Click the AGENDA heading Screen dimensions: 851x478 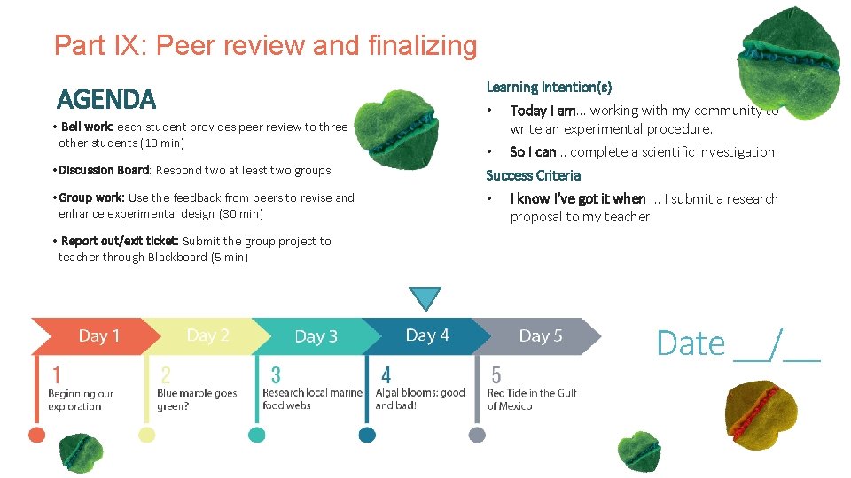tap(105, 98)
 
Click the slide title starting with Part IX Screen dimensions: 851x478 tap(265, 45)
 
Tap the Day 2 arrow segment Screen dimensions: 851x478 tap(207, 335)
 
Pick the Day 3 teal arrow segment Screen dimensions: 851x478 tap(316, 336)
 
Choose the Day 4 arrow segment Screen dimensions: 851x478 tap(427, 335)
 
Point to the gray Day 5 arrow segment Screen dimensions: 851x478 tap(540, 336)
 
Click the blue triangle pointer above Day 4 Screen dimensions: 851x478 tap(426, 298)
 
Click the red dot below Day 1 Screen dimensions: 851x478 tap(36, 435)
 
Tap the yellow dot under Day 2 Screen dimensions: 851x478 tap(147, 435)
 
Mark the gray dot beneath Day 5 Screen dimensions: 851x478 tap(477, 435)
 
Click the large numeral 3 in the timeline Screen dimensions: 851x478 tap(276, 375)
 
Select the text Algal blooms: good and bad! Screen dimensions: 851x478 tap(419, 399)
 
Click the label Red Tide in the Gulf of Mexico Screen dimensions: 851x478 tap(532, 399)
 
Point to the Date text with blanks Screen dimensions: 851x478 tap(738, 343)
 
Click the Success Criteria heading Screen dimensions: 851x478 tap(533, 175)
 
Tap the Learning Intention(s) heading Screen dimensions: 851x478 tap(549, 87)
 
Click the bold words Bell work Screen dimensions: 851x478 tap(87, 127)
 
